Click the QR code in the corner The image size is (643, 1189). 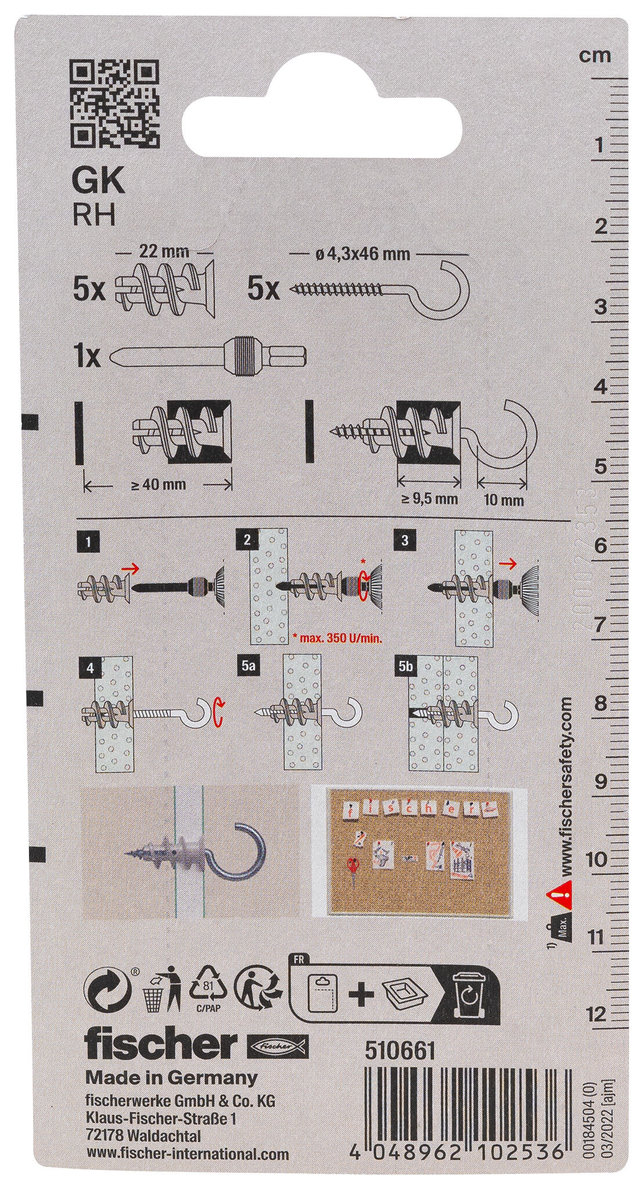[x=114, y=103]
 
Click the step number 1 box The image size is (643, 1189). [x=88, y=542]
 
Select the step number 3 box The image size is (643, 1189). [x=404, y=541]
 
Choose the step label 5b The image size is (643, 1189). [x=405, y=668]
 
